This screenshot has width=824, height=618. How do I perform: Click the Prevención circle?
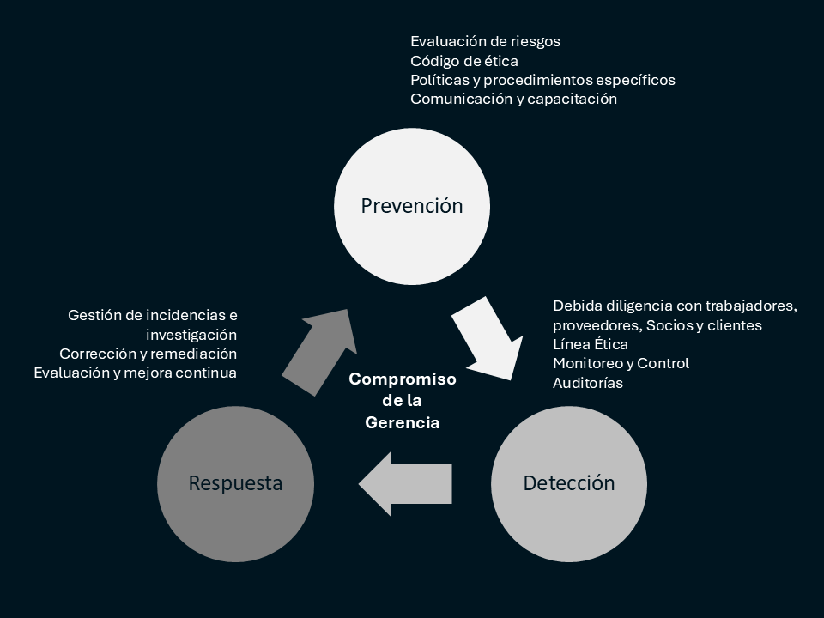coord(411,206)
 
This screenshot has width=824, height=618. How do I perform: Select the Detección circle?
coord(568,483)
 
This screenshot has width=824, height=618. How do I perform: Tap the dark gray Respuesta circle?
coord(236,483)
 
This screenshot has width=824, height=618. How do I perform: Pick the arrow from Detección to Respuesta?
coord(405,484)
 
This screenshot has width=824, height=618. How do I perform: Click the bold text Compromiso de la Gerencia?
coord(403,401)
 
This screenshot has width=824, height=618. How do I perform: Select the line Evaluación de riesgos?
coord(485,40)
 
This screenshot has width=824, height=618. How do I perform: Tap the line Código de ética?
coord(463,60)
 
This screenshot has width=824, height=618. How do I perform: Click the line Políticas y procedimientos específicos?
coord(542,80)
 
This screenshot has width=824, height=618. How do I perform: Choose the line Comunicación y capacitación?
coord(513,99)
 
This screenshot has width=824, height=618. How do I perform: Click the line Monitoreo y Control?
coord(621,363)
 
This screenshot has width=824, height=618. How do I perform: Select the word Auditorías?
coord(588,383)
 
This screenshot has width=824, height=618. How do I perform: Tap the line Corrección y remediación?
coord(148,354)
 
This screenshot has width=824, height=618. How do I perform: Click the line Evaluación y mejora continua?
coord(135,373)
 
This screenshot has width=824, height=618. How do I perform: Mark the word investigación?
coord(191,334)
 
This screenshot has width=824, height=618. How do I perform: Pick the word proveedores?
coord(596,325)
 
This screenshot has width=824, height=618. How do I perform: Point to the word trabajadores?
coord(753,306)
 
